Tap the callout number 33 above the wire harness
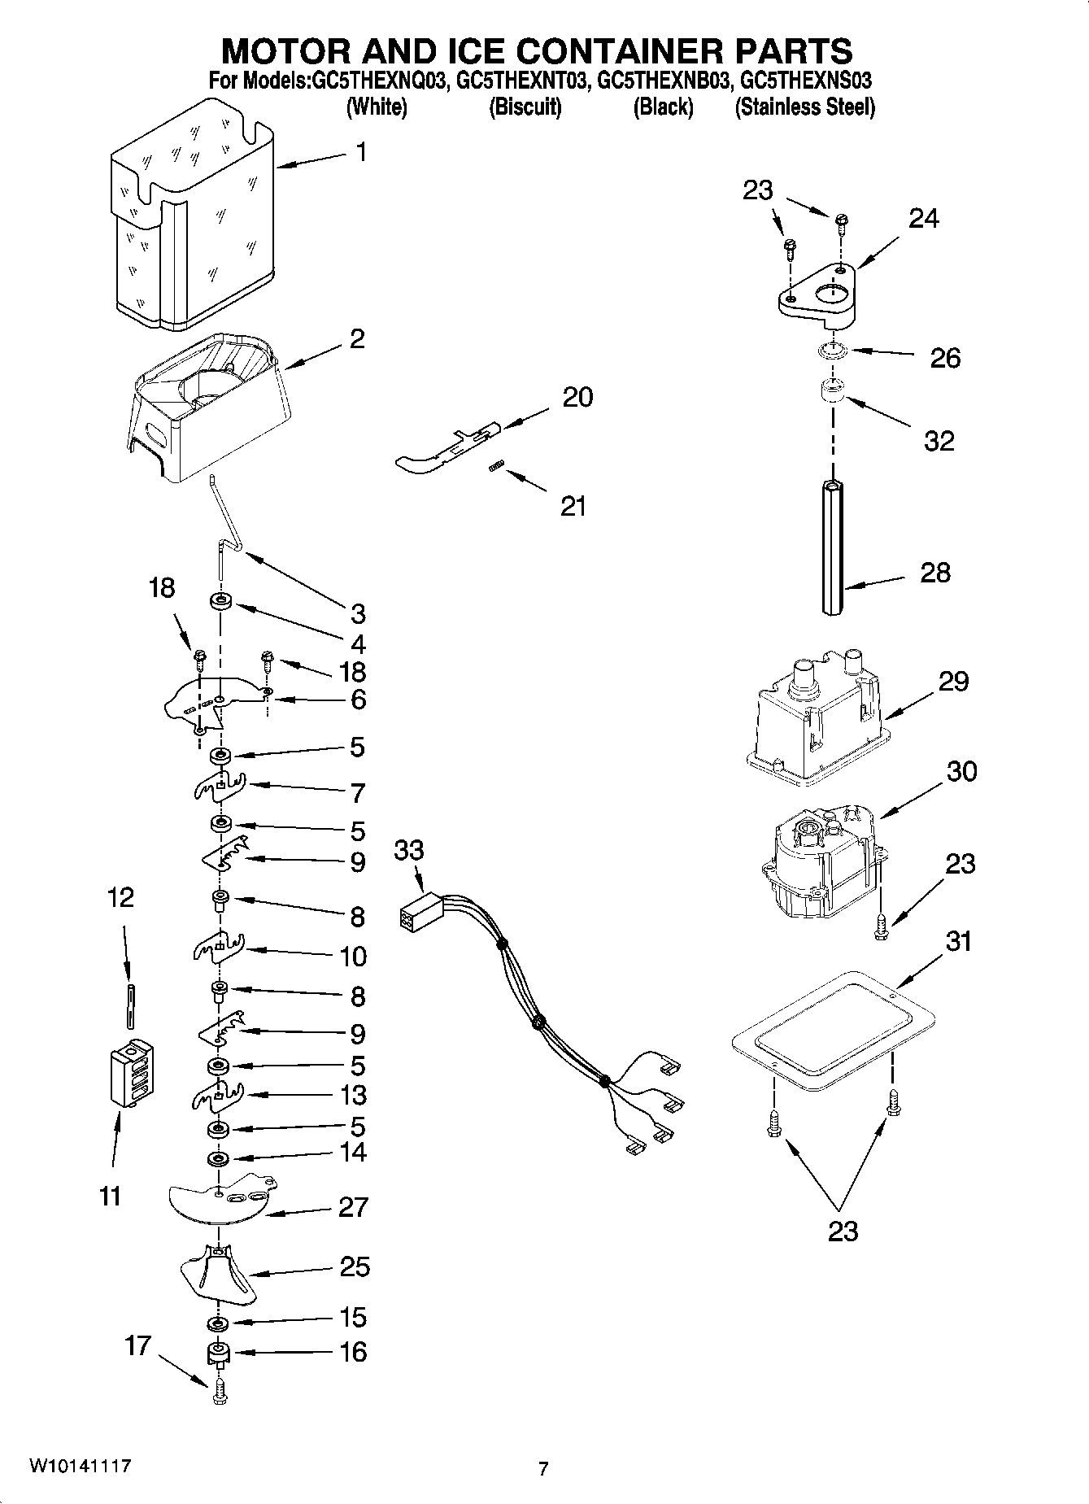[409, 851]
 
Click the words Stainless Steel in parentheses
[804, 107]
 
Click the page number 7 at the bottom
[543, 1468]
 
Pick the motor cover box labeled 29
[814, 720]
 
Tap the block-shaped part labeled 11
[131, 1074]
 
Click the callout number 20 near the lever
[577, 397]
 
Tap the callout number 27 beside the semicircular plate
[354, 1207]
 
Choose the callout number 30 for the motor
[961, 770]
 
